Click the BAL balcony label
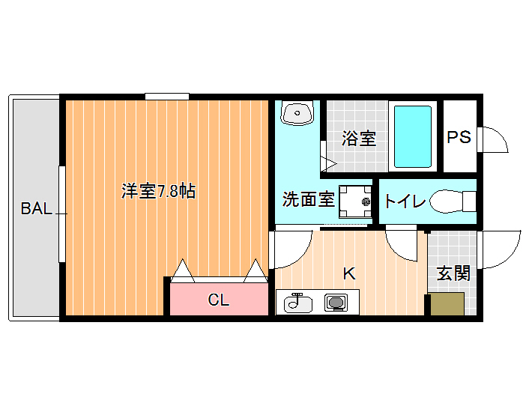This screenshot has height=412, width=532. click(36, 208)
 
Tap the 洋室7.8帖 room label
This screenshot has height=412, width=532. click(158, 191)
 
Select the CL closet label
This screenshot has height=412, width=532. click(219, 300)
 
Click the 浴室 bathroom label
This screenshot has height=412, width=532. click(359, 139)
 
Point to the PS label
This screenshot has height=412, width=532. click(459, 137)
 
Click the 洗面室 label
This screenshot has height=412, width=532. click(309, 199)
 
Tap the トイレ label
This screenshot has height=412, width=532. click(405, 201)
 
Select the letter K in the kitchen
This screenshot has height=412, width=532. click(349, 273)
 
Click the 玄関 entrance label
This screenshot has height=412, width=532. click(453, 273)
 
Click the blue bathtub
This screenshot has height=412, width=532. click(413, 136)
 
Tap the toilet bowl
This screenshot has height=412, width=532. click(453, 202)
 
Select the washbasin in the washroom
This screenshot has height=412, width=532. click(297, 113)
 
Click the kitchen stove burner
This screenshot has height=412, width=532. click(336, 302)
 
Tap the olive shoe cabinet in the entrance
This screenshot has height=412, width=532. click(447, 304)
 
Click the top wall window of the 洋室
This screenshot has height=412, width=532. click(167, 97)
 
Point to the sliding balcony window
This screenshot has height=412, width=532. click(61, 214)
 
